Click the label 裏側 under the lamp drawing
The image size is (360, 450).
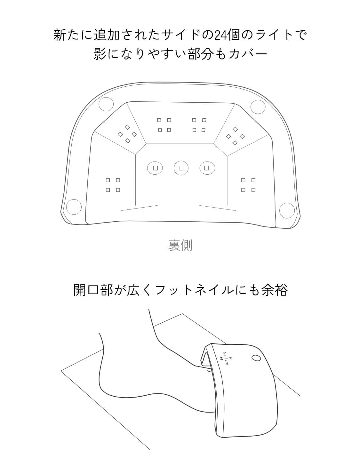180,245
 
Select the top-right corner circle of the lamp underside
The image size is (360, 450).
258,107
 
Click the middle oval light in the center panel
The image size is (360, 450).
181,168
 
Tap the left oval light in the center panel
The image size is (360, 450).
155,168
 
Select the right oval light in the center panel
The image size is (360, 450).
207,168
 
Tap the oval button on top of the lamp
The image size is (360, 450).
256,358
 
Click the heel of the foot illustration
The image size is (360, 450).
110,393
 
